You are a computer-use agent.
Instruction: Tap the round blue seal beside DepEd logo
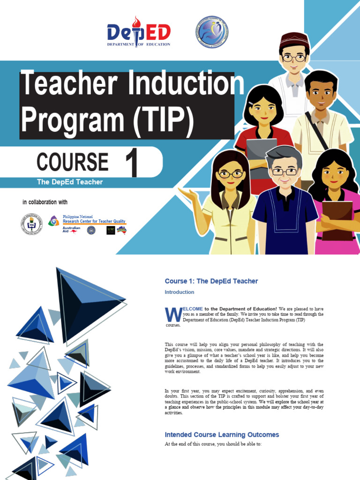[211, 32]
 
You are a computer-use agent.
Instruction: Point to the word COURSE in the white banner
[73, 162]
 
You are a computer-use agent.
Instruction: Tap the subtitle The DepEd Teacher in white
[69, 182]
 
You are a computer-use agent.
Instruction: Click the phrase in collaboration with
[45, 202]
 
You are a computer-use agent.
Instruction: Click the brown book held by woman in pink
[337, 219]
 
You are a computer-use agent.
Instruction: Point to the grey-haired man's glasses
[285, 172]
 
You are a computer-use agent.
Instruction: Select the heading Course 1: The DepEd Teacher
[211, 281]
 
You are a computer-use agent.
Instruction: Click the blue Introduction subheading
[179, 292]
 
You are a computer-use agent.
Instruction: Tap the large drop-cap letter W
[171, 314]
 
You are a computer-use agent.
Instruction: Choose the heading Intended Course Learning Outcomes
[222, 435]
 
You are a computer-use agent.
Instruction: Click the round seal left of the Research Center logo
[31, 224]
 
